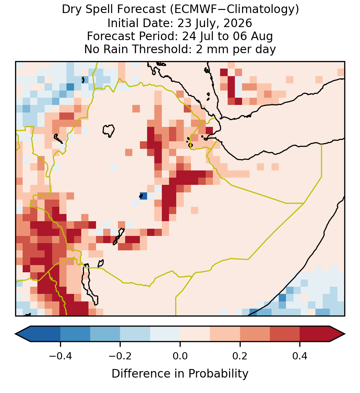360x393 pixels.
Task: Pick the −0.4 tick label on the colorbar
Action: pyautogui.click(x=60, y=356)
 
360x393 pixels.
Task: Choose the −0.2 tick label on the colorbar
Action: pyautogui.click(x=120, y=356)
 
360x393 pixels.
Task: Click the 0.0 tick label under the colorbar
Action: pyautogui.click(x=180, y=356)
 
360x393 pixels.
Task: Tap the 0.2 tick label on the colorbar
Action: pyautogui.click(x=240, y=356)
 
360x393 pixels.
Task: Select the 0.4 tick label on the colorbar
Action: pyautogui.click(x=300, y=356)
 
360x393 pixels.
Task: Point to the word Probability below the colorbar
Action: pyautogui.click(x=218, y=374)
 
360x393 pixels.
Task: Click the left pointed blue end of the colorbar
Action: pyautogui.click(x=23, y=334)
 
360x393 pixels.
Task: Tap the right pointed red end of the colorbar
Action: pyautogui.click(x=337, y=334)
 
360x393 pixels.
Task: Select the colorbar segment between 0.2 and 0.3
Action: pyautogui.click(x=255, y=334)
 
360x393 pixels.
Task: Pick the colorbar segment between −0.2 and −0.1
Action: pyautogui.click(x=135, y=334)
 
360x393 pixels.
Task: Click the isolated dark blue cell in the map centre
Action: pyautogui.click(x=143, y=196)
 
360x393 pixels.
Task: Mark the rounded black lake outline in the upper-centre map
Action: pyautogui.click(x=108, y=131)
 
